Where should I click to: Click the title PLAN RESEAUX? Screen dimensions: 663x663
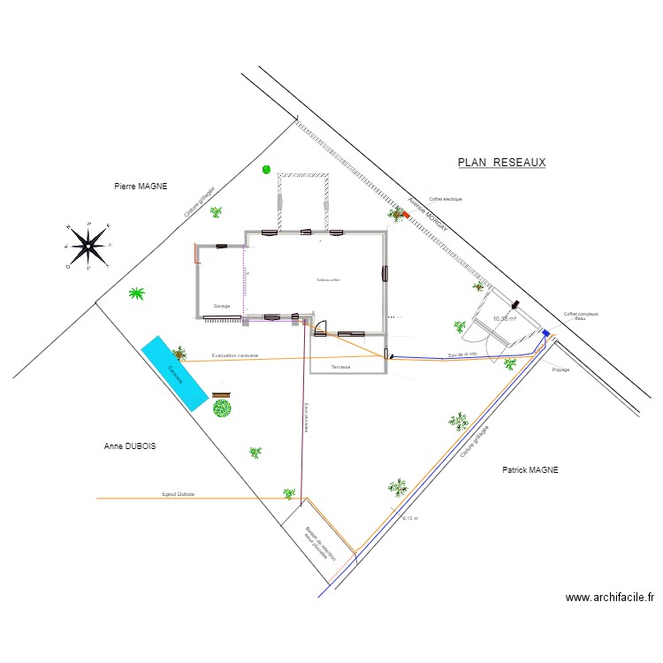coord(501,163)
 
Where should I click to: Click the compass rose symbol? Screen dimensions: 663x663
coord(88,245)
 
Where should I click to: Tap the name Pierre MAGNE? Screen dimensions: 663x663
coord(141,187)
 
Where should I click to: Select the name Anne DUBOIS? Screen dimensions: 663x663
coord(129,447)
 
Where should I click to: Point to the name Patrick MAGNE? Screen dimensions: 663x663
coord(530,470)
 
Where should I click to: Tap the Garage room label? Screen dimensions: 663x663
coord(221,306)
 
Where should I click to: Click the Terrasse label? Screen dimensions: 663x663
coord(341,366)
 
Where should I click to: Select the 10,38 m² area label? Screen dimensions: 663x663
coord(505,318)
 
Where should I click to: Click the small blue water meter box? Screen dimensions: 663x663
coord(545,333)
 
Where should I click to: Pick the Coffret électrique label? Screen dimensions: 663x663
coord(446,200)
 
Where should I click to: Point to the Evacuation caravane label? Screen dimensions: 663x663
coord(234,355)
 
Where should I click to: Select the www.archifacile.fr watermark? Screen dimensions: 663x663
coord(610,598)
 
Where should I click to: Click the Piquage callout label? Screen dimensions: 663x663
coord(560,370)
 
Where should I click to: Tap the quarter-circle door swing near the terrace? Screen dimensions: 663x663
coord(319,329)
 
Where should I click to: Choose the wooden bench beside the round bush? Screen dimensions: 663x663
coord(220,394)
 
